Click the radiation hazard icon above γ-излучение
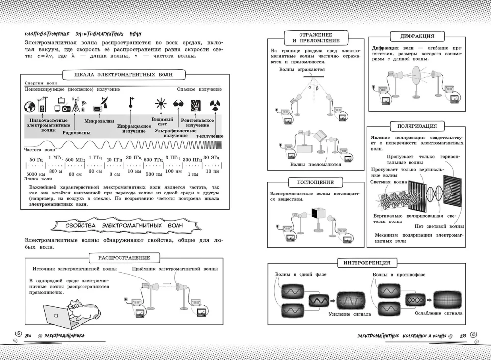[215, 104]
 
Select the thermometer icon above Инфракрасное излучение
[131, 103]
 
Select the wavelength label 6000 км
[35, 175]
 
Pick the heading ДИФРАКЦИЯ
[417, 36]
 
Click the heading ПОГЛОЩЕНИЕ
[315, 182]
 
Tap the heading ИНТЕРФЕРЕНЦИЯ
[367, 263]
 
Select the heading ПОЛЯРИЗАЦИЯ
[416, 126]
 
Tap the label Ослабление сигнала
[438, 313]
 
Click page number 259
[463, 336]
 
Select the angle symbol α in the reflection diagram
[310, 88]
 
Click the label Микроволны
[100, 121]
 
